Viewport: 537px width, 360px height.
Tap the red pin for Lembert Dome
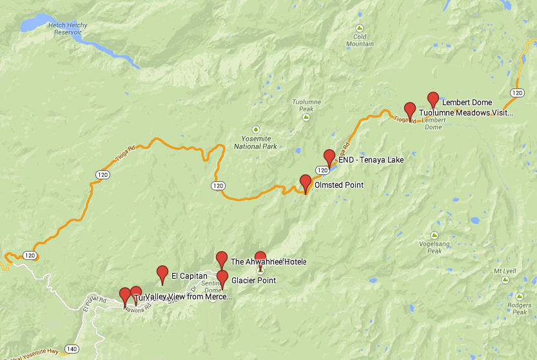pos(433,99)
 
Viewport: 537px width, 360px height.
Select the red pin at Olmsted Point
pos(306,182)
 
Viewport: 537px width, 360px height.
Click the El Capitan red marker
pos(162,273)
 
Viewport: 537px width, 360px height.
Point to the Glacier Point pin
pos(222,278)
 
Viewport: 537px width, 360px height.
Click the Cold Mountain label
pos(360,40)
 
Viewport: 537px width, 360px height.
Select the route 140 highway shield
pos(72,349)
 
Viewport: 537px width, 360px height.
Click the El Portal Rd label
pos(88,304)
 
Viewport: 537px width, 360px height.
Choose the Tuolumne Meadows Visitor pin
pos(409,110)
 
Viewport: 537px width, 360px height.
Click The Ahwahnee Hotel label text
pos(268,262)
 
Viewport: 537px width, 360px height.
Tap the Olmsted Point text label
pos(338,185)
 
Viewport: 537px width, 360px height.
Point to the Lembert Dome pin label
pos(467,103)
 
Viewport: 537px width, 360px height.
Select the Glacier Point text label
pos(253,281)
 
